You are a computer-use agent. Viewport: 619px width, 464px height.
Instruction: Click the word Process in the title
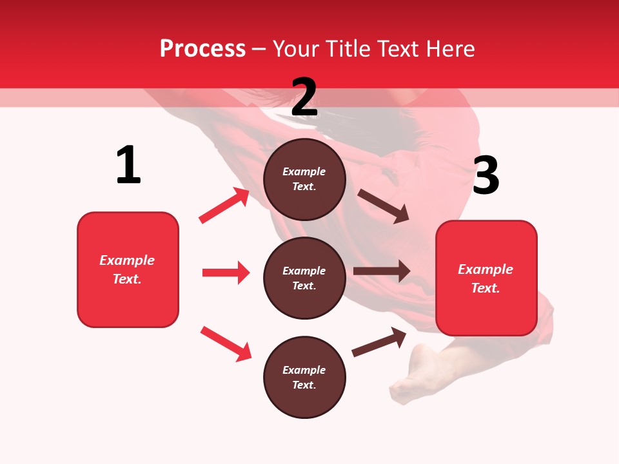pos(202,49)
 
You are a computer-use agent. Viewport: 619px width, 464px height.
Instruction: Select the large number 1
pos(128,166)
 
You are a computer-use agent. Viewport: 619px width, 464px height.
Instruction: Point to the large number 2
pos(304,97)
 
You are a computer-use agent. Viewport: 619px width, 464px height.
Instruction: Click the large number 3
pos(486,176)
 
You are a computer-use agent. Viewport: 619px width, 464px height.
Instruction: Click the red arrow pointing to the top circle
pos(224,206)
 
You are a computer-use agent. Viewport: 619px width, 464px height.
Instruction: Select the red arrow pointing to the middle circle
pos(226,273)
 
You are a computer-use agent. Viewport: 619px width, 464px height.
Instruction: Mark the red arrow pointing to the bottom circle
pos(226,343)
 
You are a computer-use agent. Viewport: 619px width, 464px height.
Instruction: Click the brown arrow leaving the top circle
pos(383,206)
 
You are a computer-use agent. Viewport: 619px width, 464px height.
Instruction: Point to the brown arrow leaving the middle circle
pos(381,271)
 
